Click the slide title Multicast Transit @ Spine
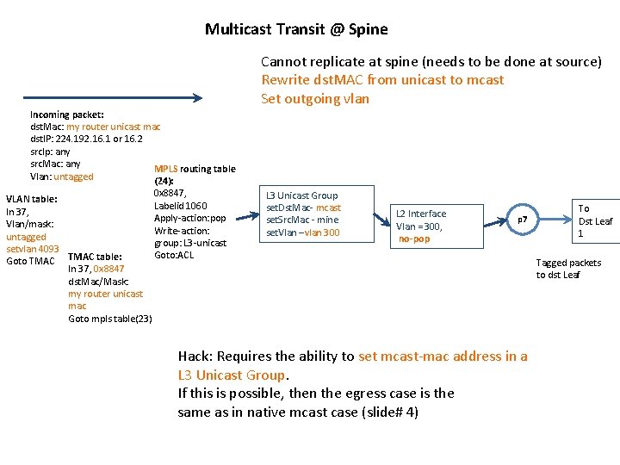(296, 29)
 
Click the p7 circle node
(522, 220)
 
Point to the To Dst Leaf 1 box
(595, 220)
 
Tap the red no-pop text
(414, 239)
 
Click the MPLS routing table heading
(195, 169)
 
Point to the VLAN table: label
(32, 199)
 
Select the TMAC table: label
(95, 256)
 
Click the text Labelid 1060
(181, 206)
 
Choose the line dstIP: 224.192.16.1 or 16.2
(86, 139)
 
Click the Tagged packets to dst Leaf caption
(568, 269)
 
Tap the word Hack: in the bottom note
(195, 356)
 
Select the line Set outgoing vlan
(315, 98)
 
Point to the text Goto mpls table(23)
(110, 319)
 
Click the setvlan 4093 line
(33, 249)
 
